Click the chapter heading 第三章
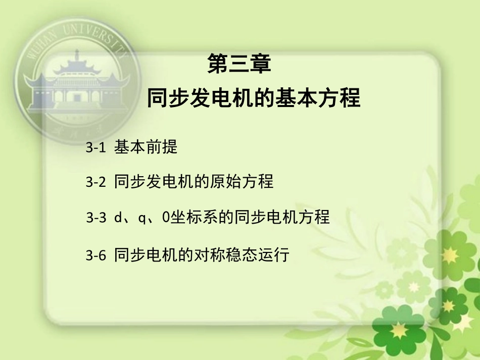239,64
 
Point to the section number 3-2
96,182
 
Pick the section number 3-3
96,218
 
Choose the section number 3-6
96,255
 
